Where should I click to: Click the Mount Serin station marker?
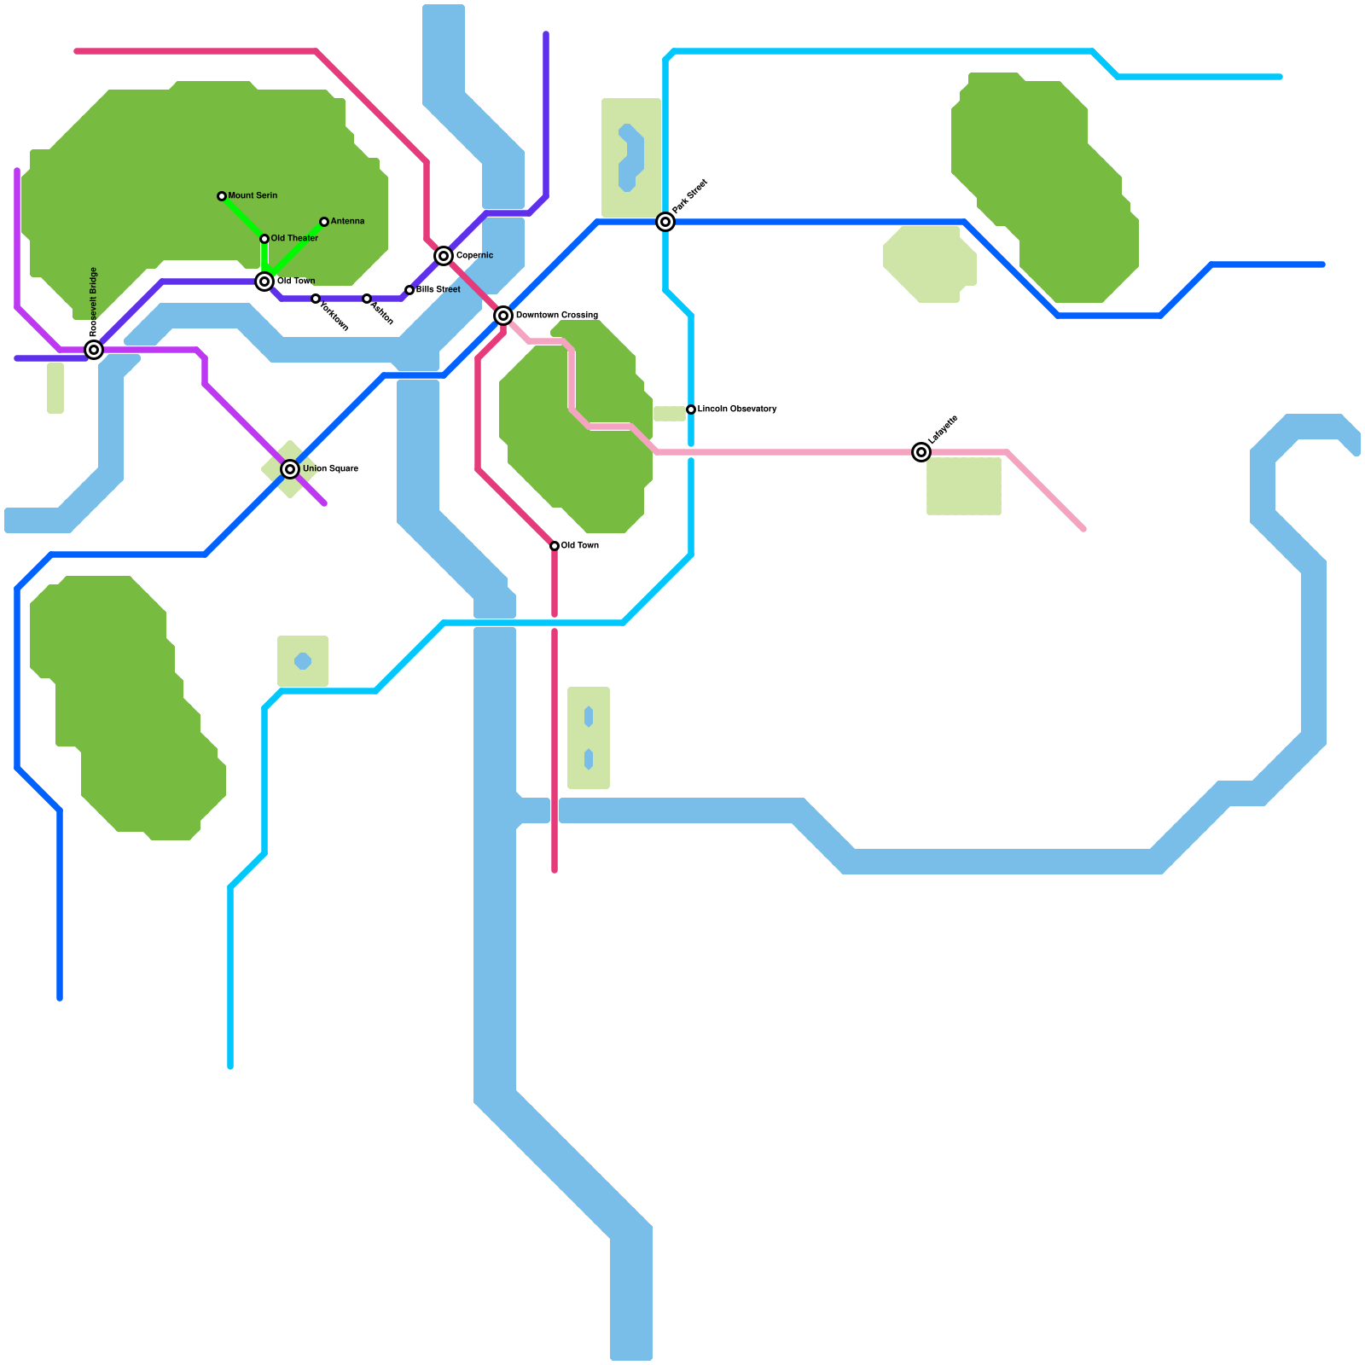pos(222,196)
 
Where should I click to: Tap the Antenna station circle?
pos(324,222)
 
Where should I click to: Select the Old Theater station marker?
pos(264,239)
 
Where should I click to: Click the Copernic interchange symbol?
pos(444,256)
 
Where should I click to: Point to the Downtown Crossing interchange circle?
pos(503,316)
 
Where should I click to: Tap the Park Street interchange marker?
pos(665,222)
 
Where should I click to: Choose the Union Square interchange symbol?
pos(290,469)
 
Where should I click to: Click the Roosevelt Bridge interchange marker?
pos(94,350)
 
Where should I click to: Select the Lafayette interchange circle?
pos(921,452)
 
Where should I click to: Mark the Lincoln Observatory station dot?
pos(691,409)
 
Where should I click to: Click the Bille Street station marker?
pos(409,290)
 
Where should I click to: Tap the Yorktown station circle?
pos(316,299)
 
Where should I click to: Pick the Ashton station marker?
pos(367,299)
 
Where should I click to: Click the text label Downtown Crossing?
pos(556,316)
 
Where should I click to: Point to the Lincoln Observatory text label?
pos(737,409)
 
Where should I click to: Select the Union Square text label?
pos(330,469)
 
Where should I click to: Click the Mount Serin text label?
pos(253,196)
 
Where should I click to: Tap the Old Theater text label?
pos(294,239)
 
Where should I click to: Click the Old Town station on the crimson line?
pos(555,546)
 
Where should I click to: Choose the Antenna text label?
pos(347,222)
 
